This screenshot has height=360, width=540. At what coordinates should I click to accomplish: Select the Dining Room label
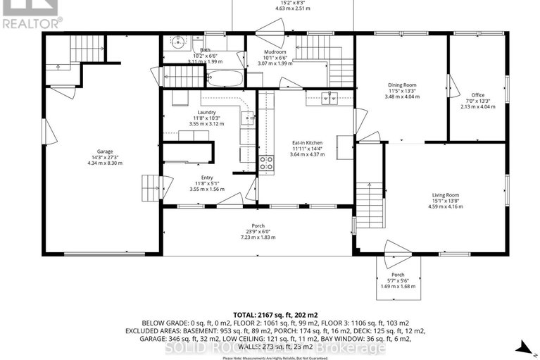click(x=402, y=85)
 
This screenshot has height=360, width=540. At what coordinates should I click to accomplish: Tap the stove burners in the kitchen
click(x=267, y=164)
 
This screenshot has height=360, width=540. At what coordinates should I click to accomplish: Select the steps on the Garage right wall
click(x=151, y=188)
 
